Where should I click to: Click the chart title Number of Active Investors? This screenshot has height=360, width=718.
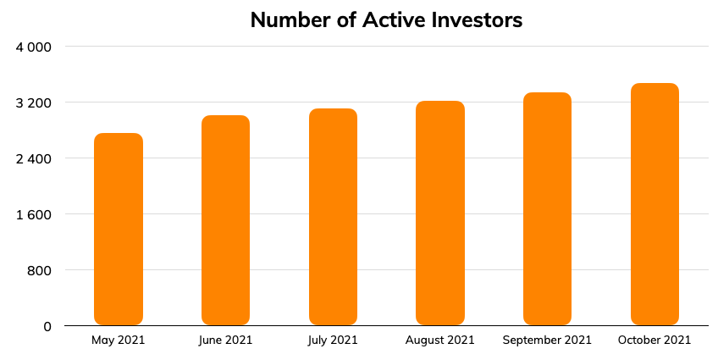386,20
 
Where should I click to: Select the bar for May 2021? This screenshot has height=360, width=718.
119,229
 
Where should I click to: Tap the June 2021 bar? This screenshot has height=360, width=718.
226,220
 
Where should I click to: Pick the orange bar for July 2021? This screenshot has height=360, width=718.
333,217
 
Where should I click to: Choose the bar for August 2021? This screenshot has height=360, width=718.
440,213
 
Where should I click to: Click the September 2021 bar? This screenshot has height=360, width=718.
547,209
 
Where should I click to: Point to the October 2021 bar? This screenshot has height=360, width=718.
654,204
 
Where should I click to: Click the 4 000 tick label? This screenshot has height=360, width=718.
33,47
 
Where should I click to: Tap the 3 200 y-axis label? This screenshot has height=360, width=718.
33,103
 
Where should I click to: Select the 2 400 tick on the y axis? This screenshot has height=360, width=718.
33,159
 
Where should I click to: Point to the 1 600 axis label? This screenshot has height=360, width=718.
33,215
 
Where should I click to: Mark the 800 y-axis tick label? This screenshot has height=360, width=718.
40,271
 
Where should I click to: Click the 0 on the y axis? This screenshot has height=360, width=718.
47,327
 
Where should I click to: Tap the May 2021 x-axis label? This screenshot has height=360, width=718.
119,341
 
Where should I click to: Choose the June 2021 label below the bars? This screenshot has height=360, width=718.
225,341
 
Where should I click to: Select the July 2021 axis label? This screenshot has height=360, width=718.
333,341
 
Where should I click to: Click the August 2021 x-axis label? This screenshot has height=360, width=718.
440,341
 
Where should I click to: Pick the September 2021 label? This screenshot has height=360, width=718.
547,341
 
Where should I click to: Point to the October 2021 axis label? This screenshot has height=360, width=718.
654,340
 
